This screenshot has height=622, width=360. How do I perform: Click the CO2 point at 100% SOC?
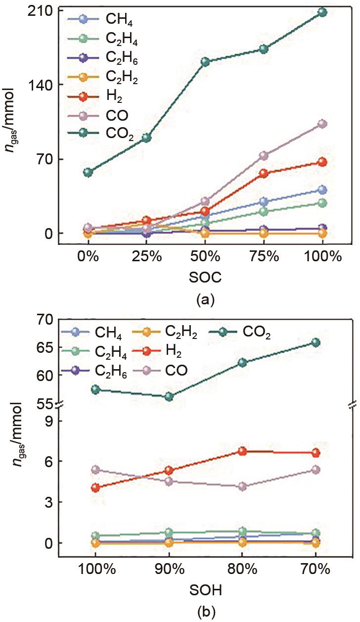322,12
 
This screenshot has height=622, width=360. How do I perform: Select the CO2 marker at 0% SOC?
88,172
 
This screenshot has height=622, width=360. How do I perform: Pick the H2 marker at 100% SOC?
322,162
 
